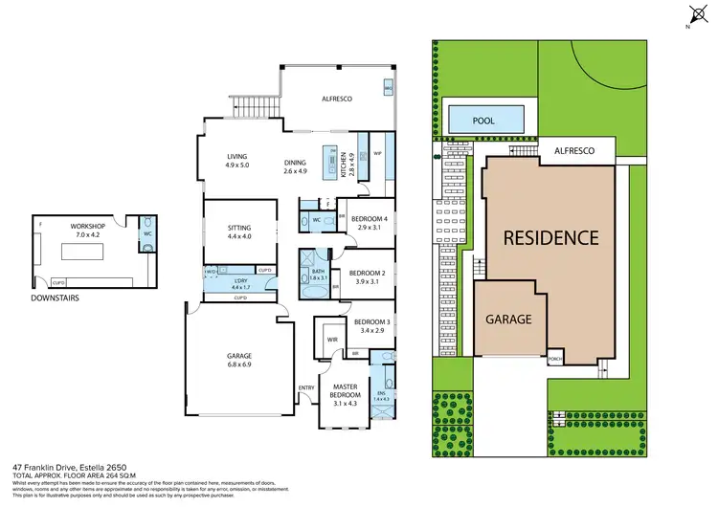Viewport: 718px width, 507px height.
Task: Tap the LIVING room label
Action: point(237,157)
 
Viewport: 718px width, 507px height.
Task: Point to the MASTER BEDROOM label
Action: point(345,389)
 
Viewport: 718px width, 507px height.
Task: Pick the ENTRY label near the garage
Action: point(306,387)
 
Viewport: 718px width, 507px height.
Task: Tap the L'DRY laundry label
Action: point(240,280)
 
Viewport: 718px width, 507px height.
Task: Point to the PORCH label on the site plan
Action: point(554,361)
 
